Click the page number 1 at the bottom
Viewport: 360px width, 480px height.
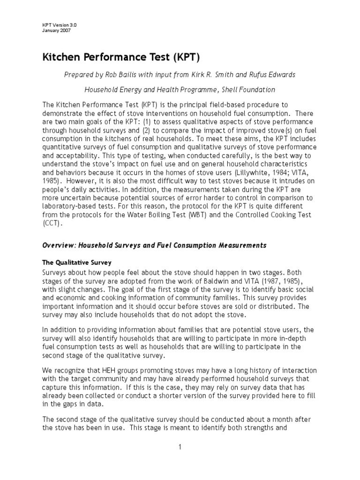[x=180, y=447]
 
